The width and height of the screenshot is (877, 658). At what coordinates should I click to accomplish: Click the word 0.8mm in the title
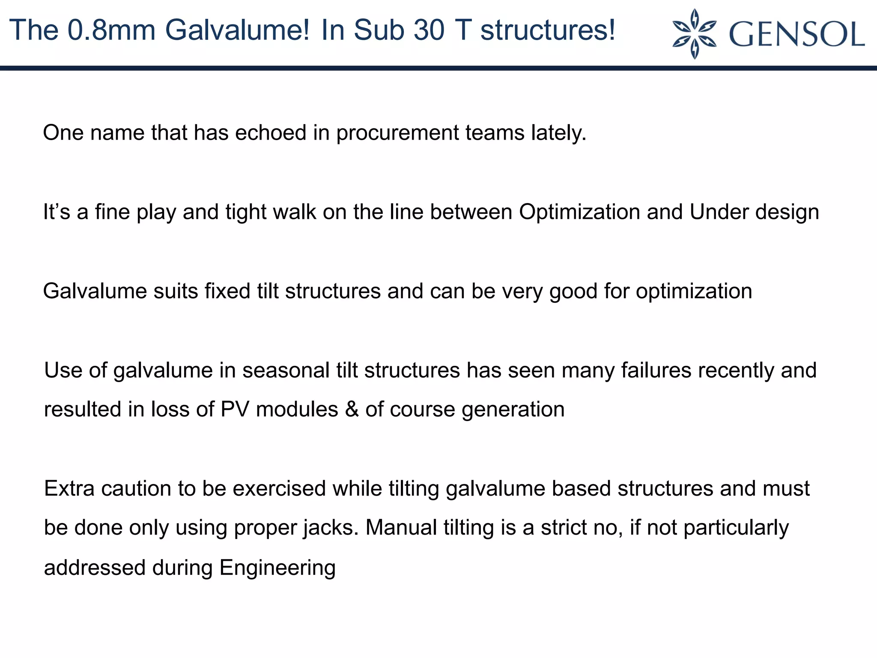tap(112, 31)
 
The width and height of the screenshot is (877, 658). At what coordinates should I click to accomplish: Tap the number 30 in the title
tap(430, 31)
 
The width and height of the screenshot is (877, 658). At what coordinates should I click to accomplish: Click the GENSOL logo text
tap(796, 34)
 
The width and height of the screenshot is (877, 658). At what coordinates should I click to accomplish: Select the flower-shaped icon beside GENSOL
tap(695, 34)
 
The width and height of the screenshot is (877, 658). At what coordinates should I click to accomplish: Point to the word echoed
tap(271, 132)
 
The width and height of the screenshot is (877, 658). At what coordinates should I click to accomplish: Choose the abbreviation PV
tap(235, 409)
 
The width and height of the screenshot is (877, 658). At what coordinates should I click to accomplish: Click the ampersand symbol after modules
tap(352, 409)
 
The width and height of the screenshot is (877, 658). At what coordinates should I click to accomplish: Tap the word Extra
tap(69, 489)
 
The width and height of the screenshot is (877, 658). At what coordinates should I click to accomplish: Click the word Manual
tap(401, 527)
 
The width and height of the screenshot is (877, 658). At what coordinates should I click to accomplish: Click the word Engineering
tap(277, 568)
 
